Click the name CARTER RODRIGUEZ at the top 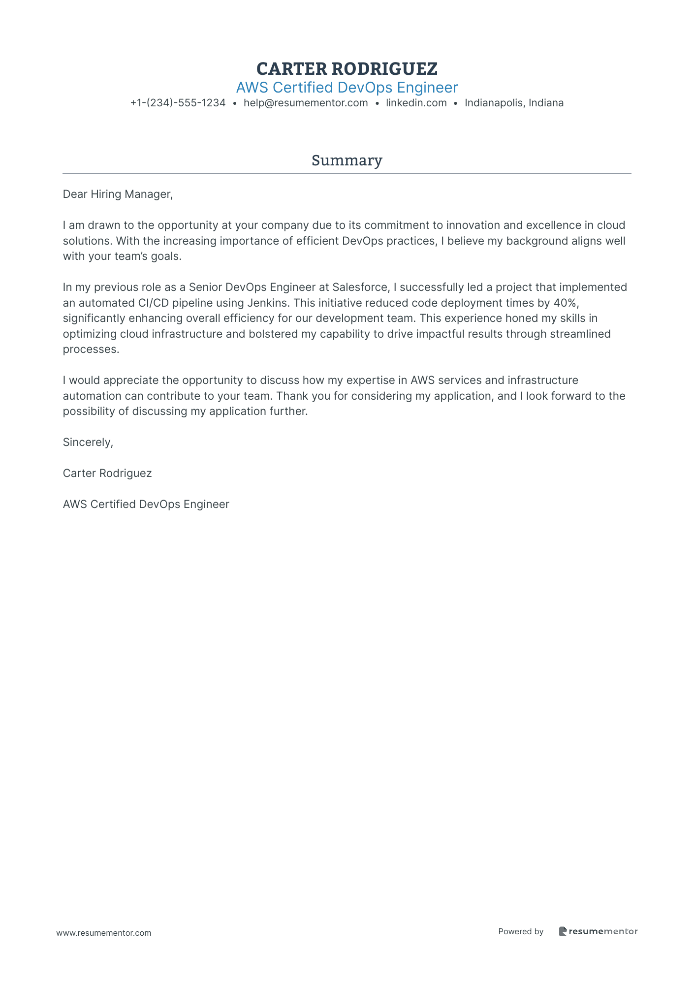(x=347, y=68)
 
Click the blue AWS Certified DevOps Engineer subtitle (x=347, y=88)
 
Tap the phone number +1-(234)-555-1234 (x=178, y=103)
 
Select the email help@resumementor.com (x=306, y=103)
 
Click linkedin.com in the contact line (x=416, y=103)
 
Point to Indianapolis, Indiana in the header (x=514, y=103)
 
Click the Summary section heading (x=347, y=160)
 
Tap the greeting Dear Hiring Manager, (x=118, y=194)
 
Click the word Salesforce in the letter (x=360, y=287)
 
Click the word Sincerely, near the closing (x=88, y=442)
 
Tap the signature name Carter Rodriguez (x=107, y=473)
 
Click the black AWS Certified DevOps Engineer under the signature (x=146, y=504)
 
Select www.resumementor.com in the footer (x=103, y=933)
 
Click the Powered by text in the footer (x=520, y=931)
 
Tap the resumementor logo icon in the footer (x=563, y=931)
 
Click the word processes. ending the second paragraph (x=91, y=349)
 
